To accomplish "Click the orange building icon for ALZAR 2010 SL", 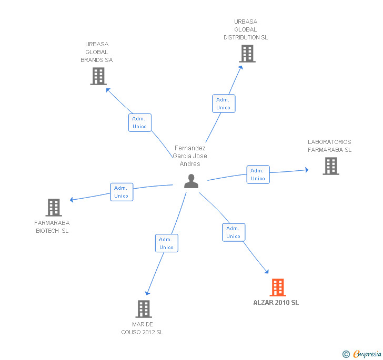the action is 278,287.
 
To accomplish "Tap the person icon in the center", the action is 191,181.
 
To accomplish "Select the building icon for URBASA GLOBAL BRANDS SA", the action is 98,76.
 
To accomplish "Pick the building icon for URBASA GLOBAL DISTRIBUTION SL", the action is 247,54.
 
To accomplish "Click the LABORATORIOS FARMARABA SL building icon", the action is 331,166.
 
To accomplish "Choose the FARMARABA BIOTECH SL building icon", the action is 54,208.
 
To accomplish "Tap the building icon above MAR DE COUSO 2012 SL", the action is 144,308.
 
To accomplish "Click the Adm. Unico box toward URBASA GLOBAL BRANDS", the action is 140,122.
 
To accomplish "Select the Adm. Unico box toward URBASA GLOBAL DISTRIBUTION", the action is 224,104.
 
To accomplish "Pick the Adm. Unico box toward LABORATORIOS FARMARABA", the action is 258,174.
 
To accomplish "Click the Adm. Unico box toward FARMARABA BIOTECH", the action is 122,192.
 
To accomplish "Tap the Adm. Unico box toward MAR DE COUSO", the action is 167,243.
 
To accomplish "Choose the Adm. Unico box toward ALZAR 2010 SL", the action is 234,232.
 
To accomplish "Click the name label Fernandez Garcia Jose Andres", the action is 190,156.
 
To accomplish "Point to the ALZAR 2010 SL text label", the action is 276,303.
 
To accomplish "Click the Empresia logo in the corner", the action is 362,354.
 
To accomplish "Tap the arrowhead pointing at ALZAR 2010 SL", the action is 267,271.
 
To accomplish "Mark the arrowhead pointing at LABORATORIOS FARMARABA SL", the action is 307,170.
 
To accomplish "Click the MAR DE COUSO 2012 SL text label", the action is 142,328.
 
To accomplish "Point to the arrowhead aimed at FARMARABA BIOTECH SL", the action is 72,200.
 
